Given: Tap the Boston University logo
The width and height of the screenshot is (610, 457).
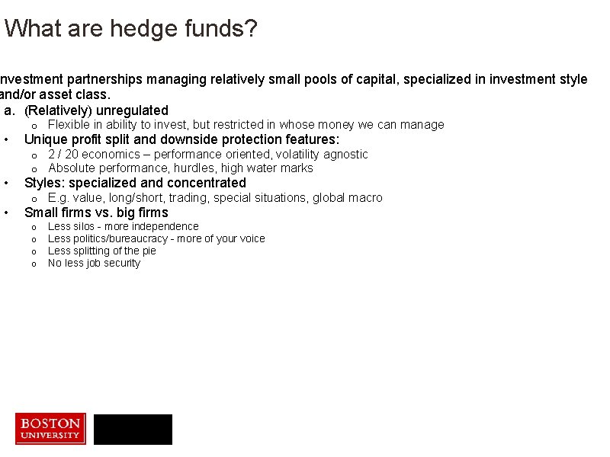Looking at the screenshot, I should [50, 428].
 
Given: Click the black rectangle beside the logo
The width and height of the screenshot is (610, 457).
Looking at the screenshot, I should [133, 430].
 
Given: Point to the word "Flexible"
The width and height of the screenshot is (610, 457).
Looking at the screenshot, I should [68, 125].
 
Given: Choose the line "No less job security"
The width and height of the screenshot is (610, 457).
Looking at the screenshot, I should [94, 263].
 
